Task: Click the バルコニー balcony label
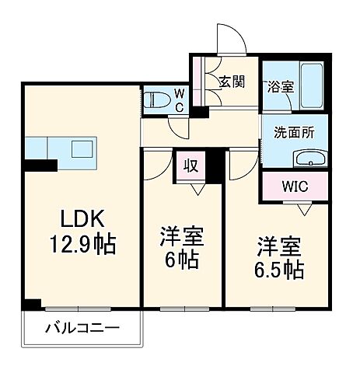pos(82,328)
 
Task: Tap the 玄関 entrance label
pos(231,81)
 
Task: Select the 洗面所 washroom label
pos(295,132)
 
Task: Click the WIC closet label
pos(294,186)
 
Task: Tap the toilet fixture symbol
pos(156,100)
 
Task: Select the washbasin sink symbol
pos(313,159)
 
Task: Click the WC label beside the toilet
pos(179,100)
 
